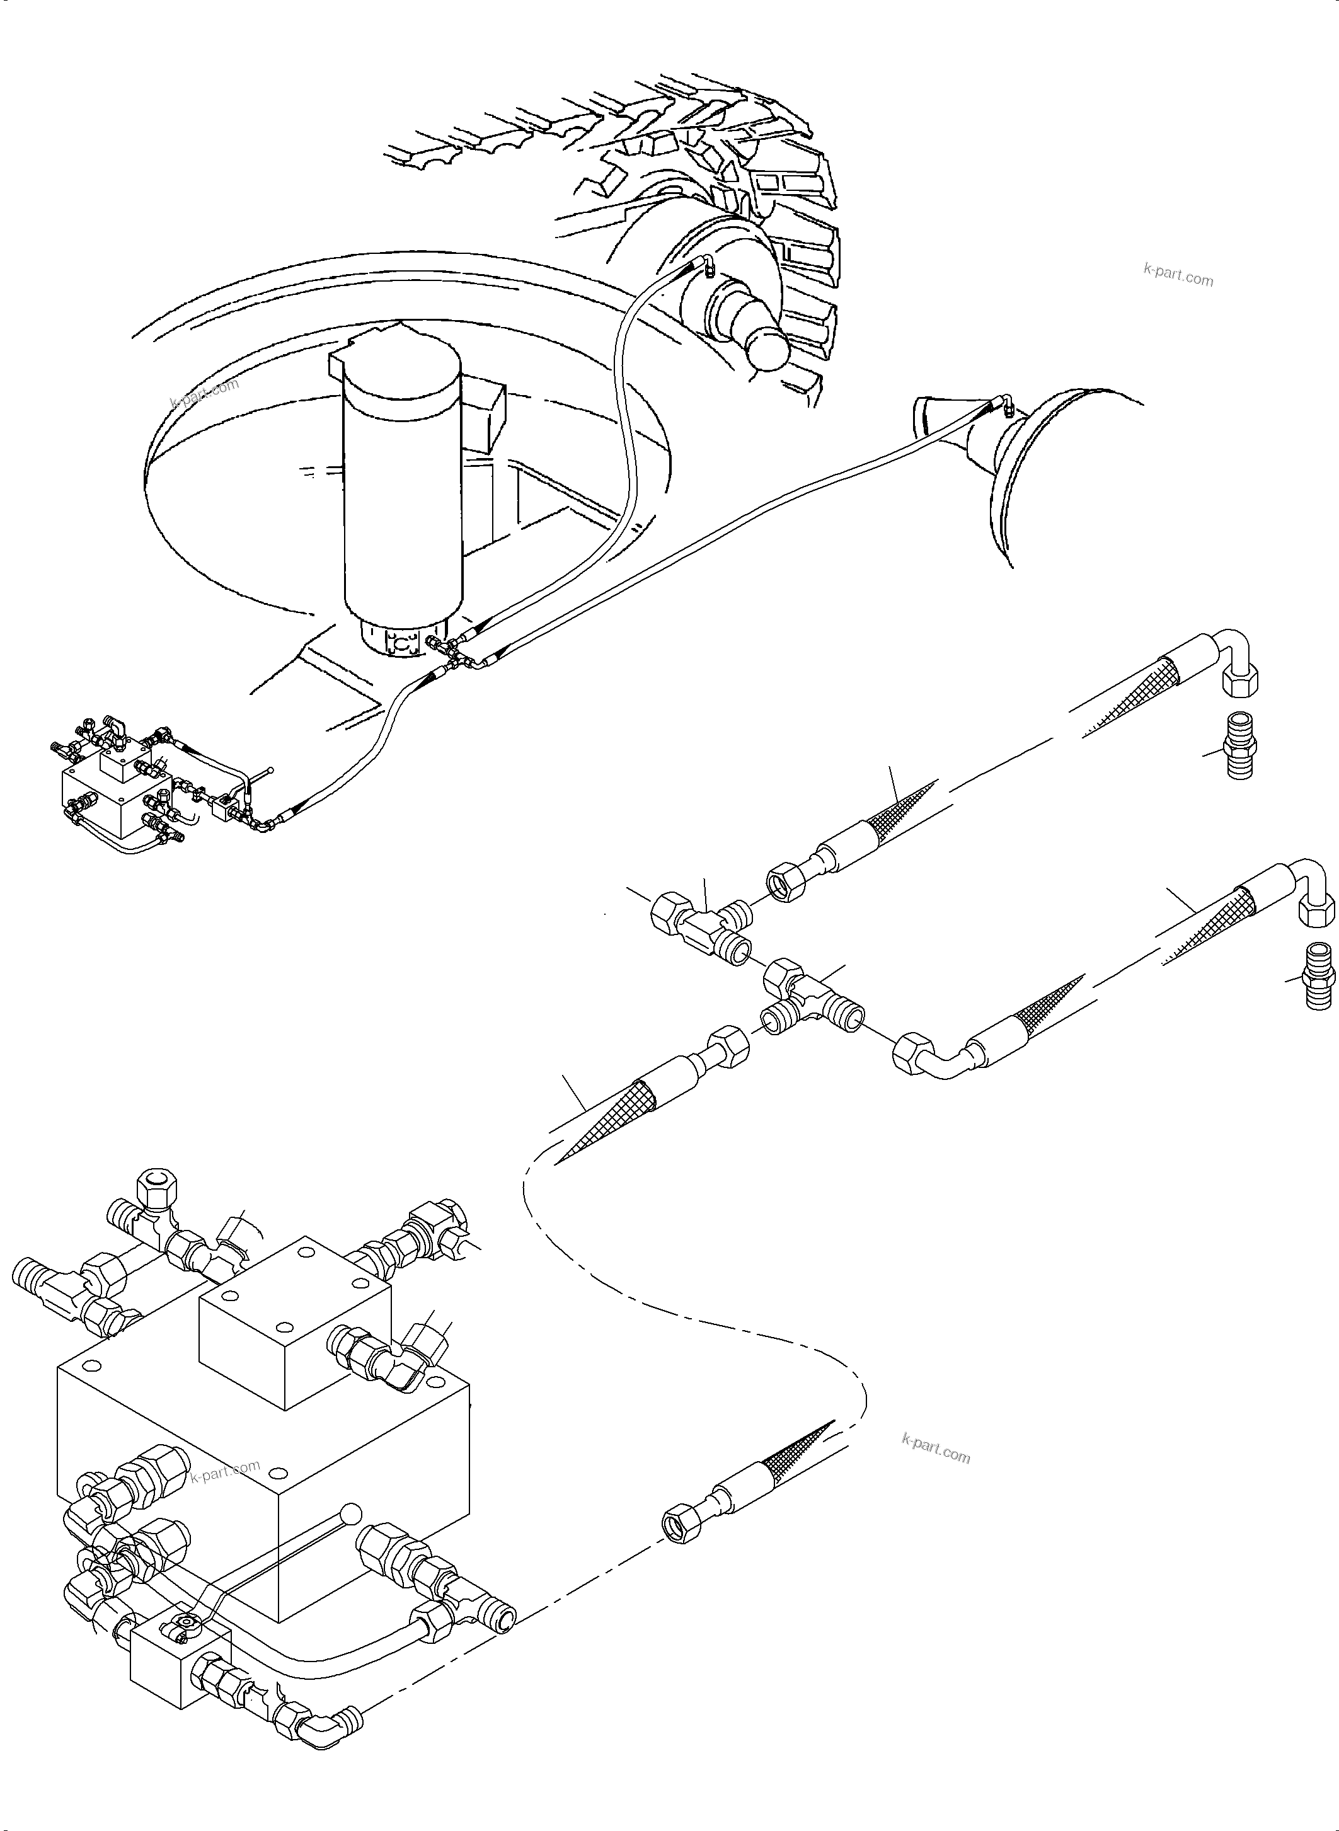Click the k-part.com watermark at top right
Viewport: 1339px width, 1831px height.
click(x=1178, y=277)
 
